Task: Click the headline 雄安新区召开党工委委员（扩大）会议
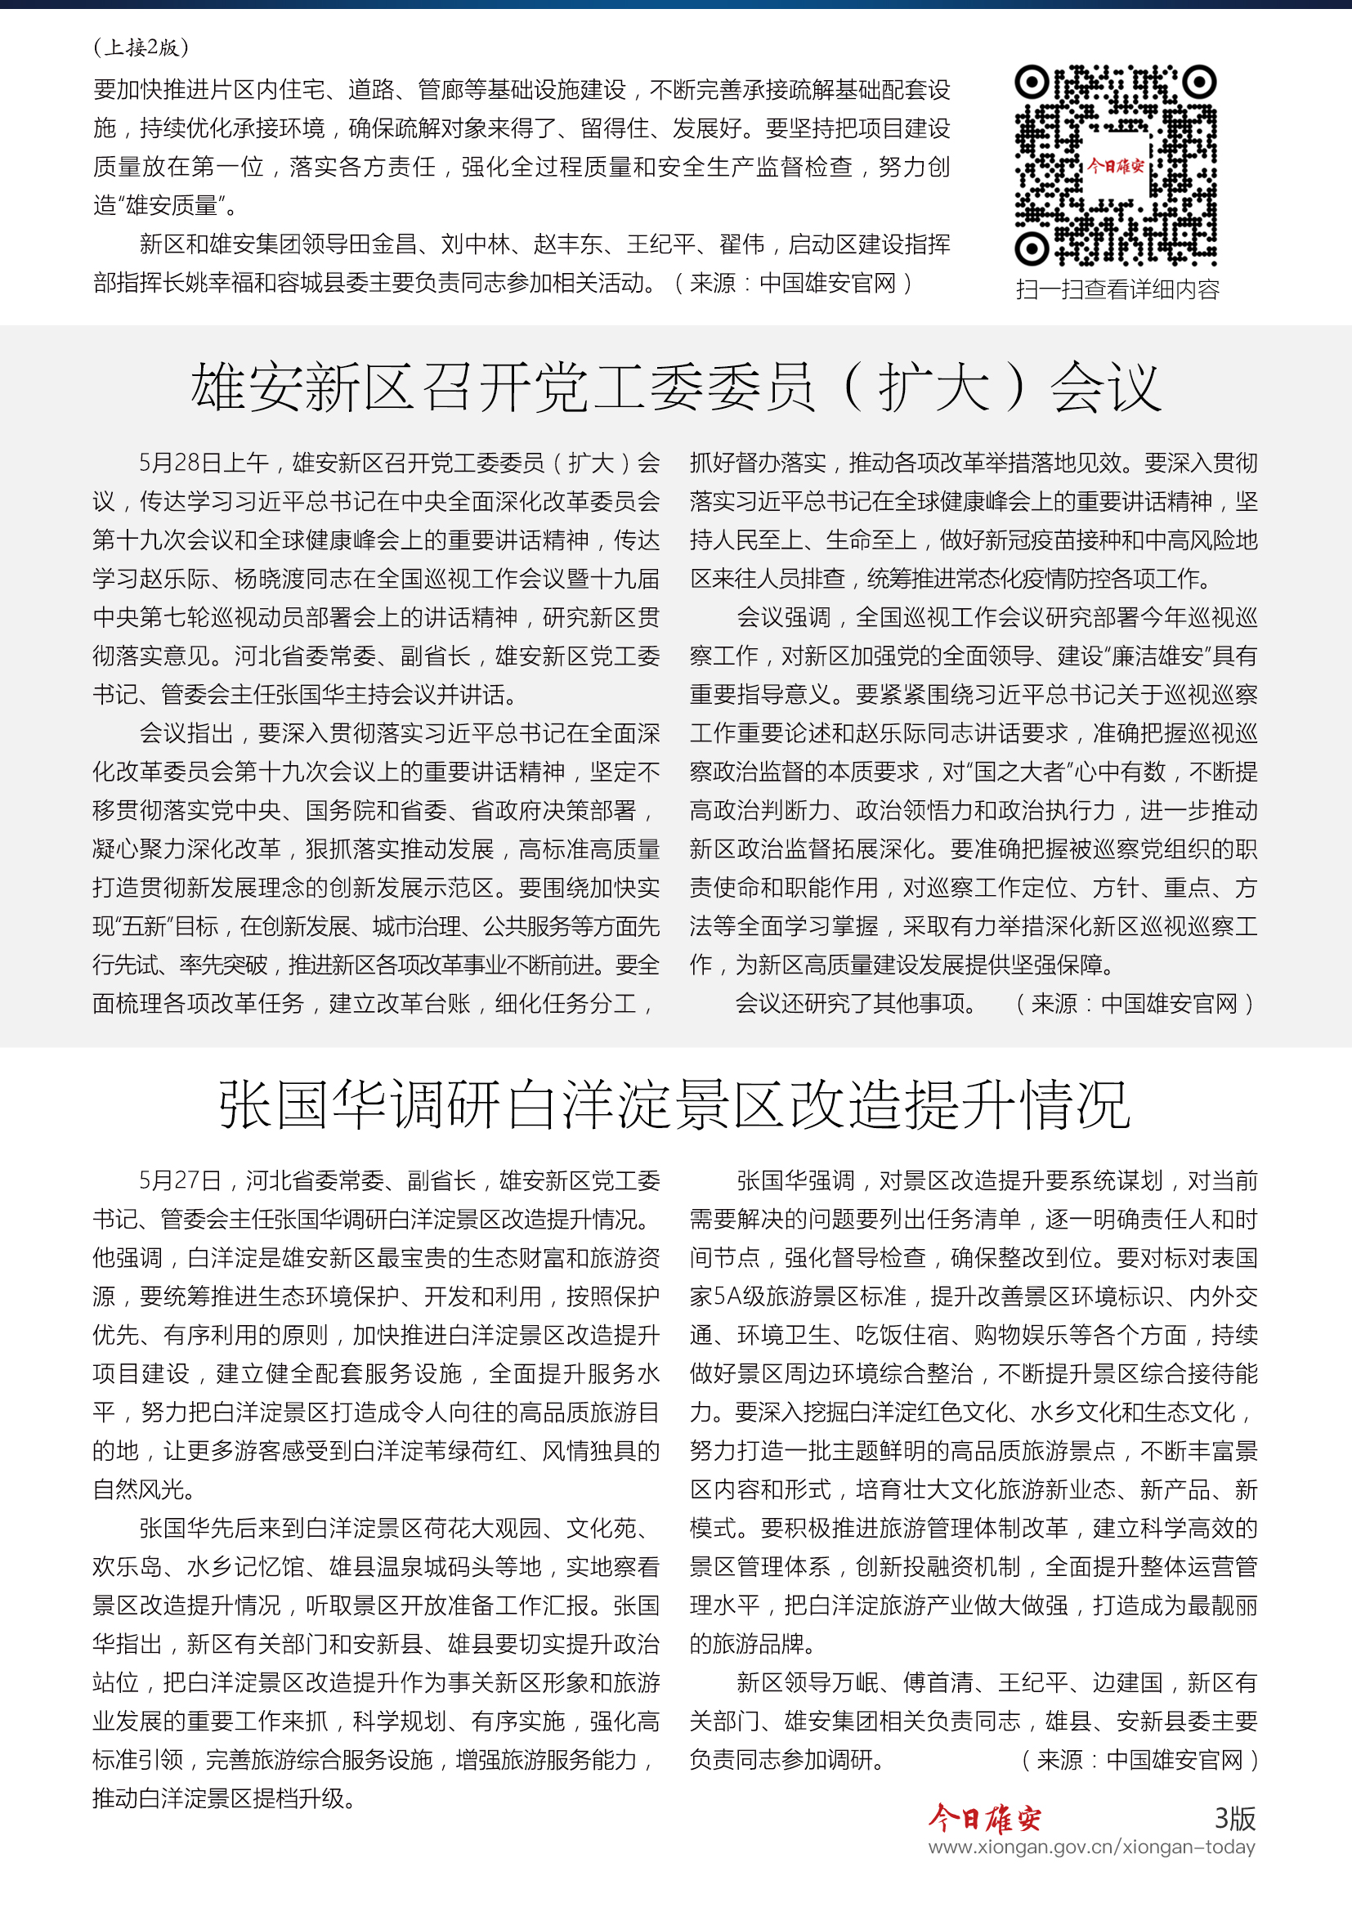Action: (x=675, y=387)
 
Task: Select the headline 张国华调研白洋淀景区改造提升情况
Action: (x=675, y=1105)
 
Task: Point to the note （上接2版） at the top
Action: (x=141, y=47)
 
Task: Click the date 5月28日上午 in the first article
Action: (x=204, y=463)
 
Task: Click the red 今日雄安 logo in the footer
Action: (x=985, y=1819)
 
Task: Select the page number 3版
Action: (x=1234, y=1819)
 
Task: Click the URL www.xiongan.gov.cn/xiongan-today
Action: (x=1091, y=1847)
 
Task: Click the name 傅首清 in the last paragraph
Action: (x=938, y=1683)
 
